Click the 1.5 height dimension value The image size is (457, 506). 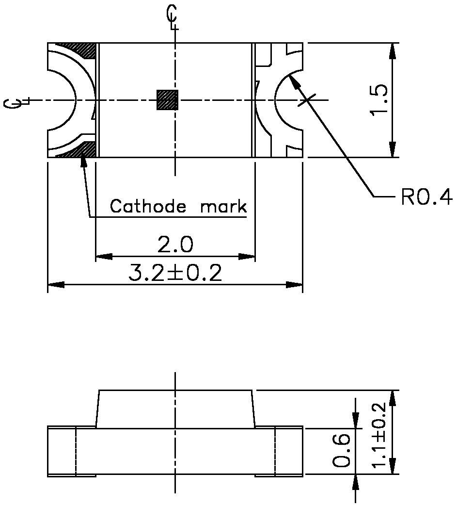(378, 100)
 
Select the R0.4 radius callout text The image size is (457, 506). (426, 197)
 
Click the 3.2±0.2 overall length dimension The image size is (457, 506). (175, 274)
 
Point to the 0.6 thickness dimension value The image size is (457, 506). (343, 450)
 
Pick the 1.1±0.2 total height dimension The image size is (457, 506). (379, 433)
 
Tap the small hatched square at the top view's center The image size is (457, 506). (167, 100)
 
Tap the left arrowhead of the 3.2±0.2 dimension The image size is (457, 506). (55, 285)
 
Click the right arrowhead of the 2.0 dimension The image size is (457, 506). (247, 256)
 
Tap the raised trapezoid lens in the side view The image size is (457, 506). (175, 409)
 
